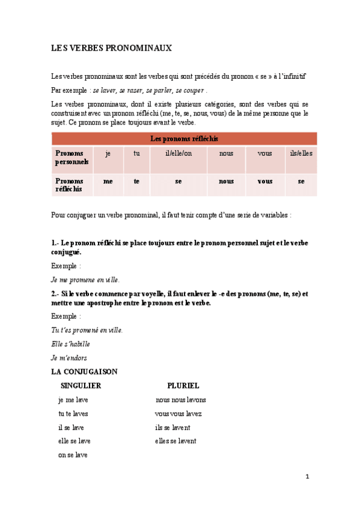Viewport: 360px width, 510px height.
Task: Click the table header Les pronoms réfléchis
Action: pyautogui.click(x=184, y=138)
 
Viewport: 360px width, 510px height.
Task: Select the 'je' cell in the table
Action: pyautogui.click(x=108, y=153)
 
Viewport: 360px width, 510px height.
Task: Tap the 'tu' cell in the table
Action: pyautogui.click(x=136, y=153)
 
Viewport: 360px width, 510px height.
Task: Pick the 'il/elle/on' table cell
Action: pyautogui.click(x=178, y=153)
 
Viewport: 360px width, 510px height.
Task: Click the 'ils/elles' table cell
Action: pyautogui.click(x=301, y=153)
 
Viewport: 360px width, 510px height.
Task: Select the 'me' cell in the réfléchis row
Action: pyautogui.click(x=108, y=181)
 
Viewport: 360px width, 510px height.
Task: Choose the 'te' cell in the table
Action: pyautogui.click(x=136, y=181)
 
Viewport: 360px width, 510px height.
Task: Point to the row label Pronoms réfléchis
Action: pyautogui.click(x=70, y=185)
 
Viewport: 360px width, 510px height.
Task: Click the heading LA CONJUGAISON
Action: pyautogui.click(x=85, y=372)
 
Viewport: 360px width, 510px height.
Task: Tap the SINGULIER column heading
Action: pyautogui.click(x=81, y=386)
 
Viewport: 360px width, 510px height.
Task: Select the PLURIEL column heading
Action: pyautogui.click(x=183, y=386)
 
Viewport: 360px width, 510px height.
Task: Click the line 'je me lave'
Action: pyautogui.click(x=73, y=400)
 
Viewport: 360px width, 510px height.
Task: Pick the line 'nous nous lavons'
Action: pyautogui.click(x=180, y=400)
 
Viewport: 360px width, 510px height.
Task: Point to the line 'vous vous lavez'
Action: pyautogui.click(x=178, y=414)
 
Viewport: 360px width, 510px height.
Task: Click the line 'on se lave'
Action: pyautogui.click(x=73, y=455)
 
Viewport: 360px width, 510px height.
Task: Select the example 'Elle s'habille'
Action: pyautogui.click(x=71, y=344)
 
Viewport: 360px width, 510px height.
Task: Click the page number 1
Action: pyautogui.click(x=307, y=477)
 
